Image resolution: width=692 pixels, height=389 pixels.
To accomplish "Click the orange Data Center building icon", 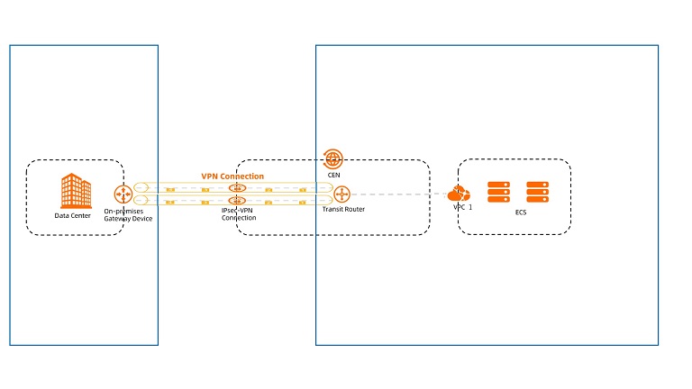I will (75, 191).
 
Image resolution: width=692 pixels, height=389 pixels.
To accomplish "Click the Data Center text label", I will (73, 215).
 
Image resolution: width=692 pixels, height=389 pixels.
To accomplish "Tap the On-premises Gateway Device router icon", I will (123, 194).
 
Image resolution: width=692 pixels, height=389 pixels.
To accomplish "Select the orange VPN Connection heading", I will (232, 176).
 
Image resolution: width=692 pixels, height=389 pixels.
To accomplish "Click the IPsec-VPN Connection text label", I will (239, 214).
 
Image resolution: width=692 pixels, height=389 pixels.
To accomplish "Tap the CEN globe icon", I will (333, 159).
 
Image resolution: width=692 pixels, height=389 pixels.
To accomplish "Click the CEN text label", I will (333, 176).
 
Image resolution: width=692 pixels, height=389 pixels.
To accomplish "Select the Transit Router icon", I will (341, 194).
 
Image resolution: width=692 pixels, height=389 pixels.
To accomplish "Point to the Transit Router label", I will (343, 209).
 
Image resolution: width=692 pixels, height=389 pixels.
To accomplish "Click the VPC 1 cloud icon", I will (459, 194).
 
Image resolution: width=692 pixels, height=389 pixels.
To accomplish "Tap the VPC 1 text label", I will (463, 207).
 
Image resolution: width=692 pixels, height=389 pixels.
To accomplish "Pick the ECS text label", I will (521, 214).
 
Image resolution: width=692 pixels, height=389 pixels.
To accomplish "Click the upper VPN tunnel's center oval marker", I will (238, 188).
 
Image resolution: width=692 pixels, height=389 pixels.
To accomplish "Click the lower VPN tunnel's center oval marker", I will (238, 199).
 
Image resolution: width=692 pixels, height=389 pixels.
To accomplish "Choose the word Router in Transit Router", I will (353, 209).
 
